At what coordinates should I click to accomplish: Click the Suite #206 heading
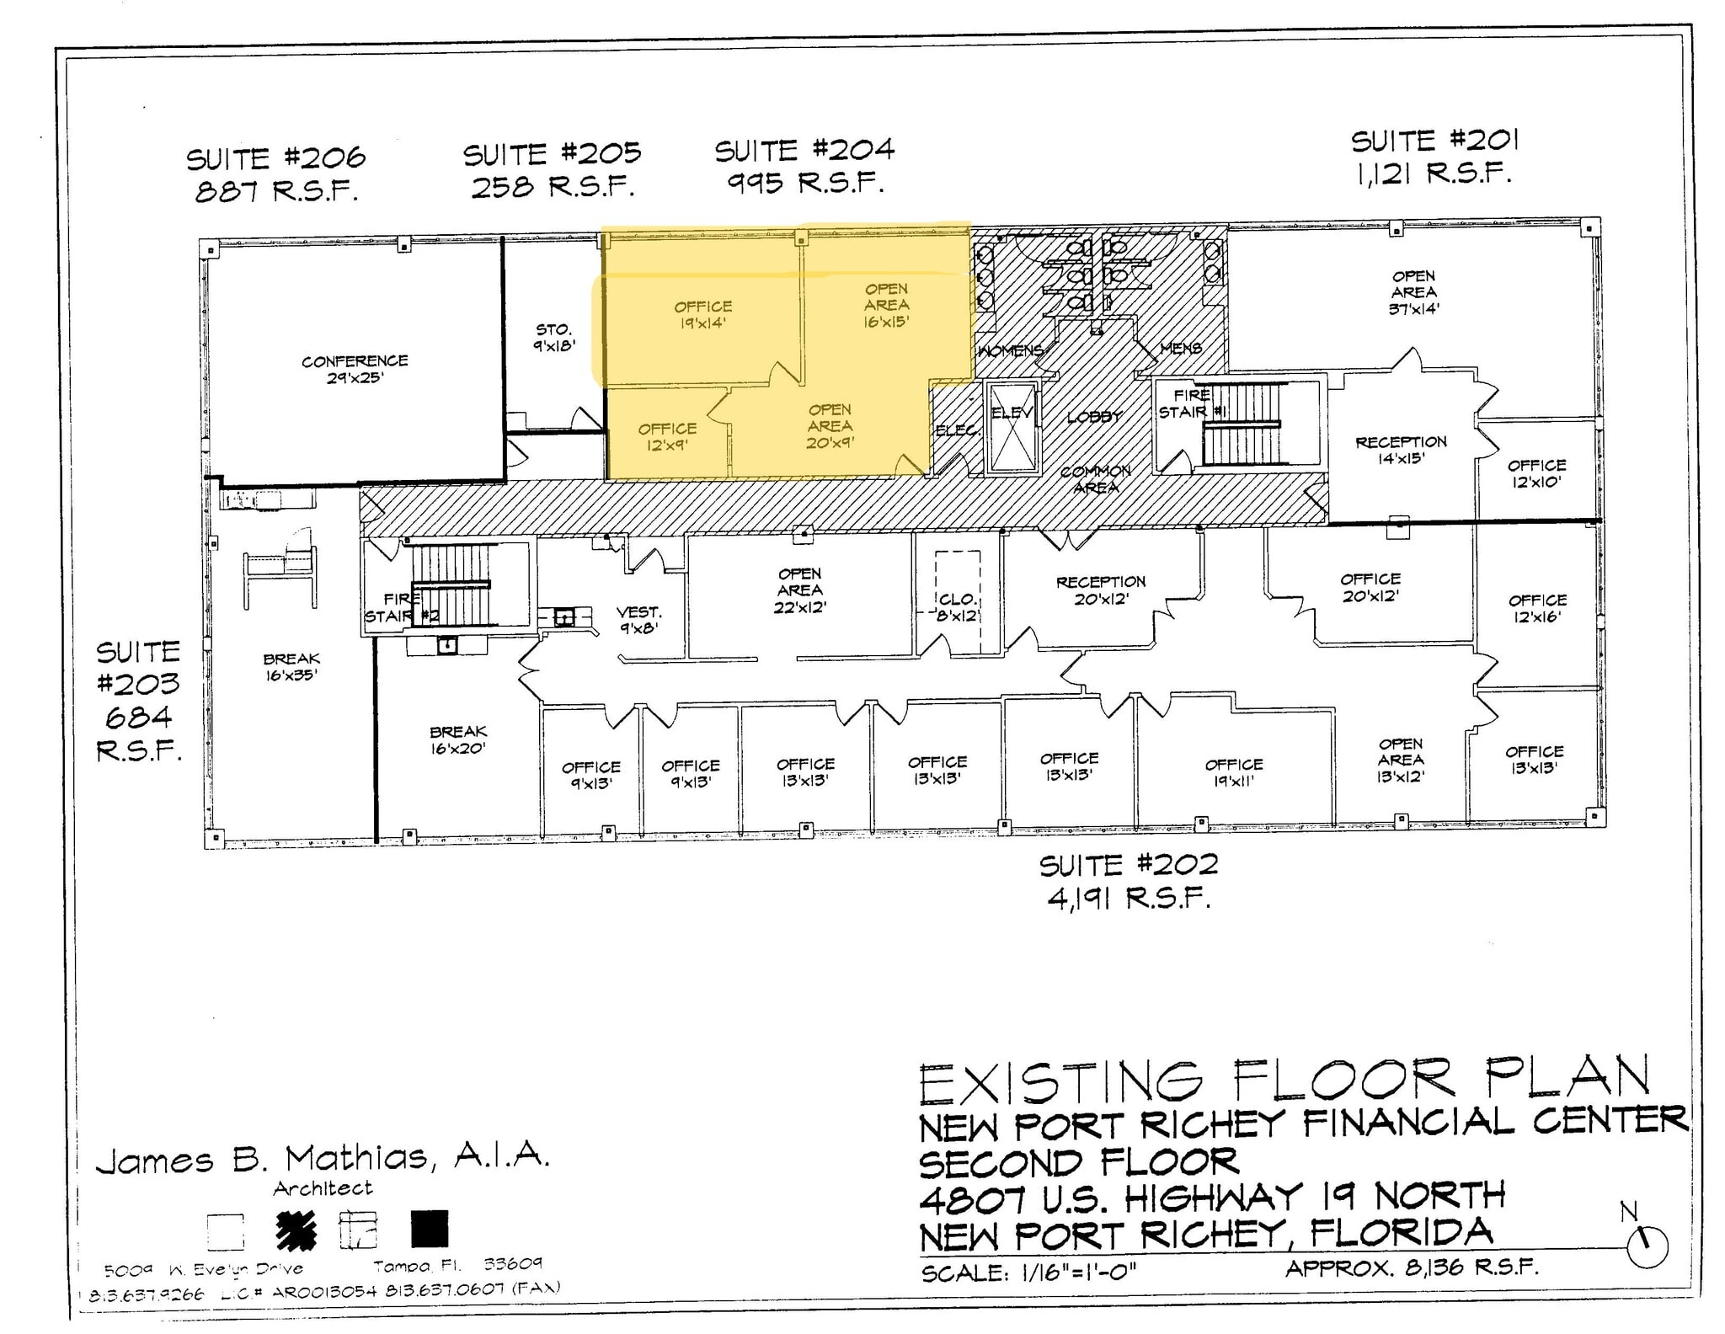[276, 157]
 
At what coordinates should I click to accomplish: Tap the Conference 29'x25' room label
[355, 369]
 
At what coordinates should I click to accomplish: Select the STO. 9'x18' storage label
[553, 337]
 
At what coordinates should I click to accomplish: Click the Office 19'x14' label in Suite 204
[702, 314]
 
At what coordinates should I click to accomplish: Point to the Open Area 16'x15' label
[886, 305]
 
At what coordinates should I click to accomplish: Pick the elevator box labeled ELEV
[1011, 426]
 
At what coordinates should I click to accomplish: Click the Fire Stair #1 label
[1189, 403]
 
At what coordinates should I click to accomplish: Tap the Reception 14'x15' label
[1401, 450]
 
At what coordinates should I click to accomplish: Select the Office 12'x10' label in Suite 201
[1536, 472]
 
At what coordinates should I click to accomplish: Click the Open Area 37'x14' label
[1413, 291]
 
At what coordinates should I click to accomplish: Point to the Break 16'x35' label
[291, 666]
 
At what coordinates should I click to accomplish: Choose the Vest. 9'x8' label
[638, 619]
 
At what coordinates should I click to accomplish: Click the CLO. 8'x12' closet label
[958, 607]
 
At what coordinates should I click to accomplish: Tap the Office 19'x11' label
[1234, 771]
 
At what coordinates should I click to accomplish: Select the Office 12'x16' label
[1537, 607]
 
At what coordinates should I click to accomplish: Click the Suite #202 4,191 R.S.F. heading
[1129, 881]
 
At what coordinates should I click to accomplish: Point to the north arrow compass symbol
[1647, 1245]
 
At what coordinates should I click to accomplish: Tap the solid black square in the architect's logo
[430, 1229]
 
